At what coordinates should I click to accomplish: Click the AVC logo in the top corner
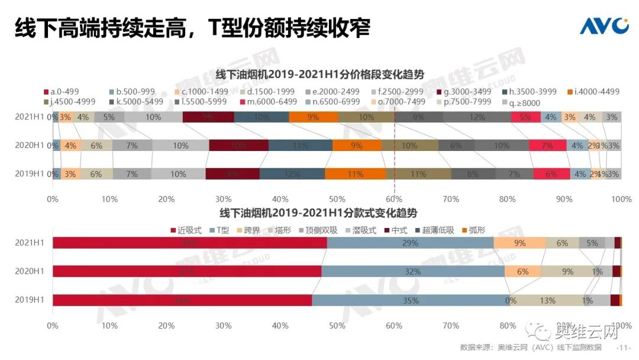[x=603, y=27]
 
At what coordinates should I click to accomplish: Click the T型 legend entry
[x=220, y=230]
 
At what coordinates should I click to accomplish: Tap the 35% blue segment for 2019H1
[x=411, y=300]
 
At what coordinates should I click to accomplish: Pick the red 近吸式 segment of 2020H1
[x=187, y=271]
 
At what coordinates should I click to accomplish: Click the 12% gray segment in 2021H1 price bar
[x=476, y=117]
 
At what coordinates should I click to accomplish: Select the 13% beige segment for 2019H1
[x=547, y=300]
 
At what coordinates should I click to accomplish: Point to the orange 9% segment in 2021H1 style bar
[x=519, y=243]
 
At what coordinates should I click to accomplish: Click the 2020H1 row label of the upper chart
[x=30, y=145]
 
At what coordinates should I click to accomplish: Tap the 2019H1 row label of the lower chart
[x=30, y=300]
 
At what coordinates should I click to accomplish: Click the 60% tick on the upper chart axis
[x=394, y=199]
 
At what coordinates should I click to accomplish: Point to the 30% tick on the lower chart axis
[x=224, y=325]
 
